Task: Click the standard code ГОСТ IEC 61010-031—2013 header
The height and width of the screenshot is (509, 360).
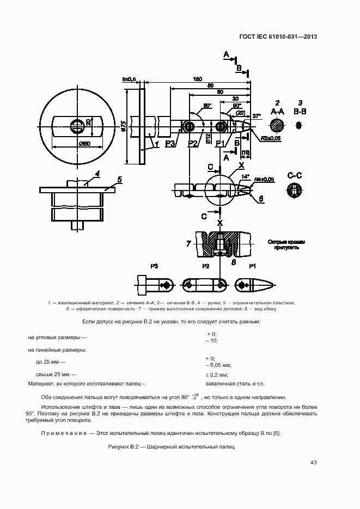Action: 278,37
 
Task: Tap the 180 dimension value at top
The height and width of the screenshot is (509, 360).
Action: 198,79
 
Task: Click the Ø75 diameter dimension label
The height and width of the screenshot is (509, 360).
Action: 124,126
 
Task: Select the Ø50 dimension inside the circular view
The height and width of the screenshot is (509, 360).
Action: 84,144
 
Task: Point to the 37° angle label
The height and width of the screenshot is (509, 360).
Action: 257,115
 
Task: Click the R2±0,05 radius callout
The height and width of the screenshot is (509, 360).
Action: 271,139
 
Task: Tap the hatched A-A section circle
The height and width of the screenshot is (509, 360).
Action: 277,126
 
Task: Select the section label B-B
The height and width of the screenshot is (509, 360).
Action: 300,112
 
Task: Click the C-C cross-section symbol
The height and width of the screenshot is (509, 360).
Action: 295,191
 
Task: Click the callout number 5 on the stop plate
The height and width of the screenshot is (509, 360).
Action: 120,179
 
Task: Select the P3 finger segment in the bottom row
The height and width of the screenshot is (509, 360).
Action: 154,285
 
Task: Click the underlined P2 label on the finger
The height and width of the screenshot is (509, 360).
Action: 192,144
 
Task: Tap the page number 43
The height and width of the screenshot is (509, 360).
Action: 313,463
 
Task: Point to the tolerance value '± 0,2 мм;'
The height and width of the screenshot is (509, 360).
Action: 216,375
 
